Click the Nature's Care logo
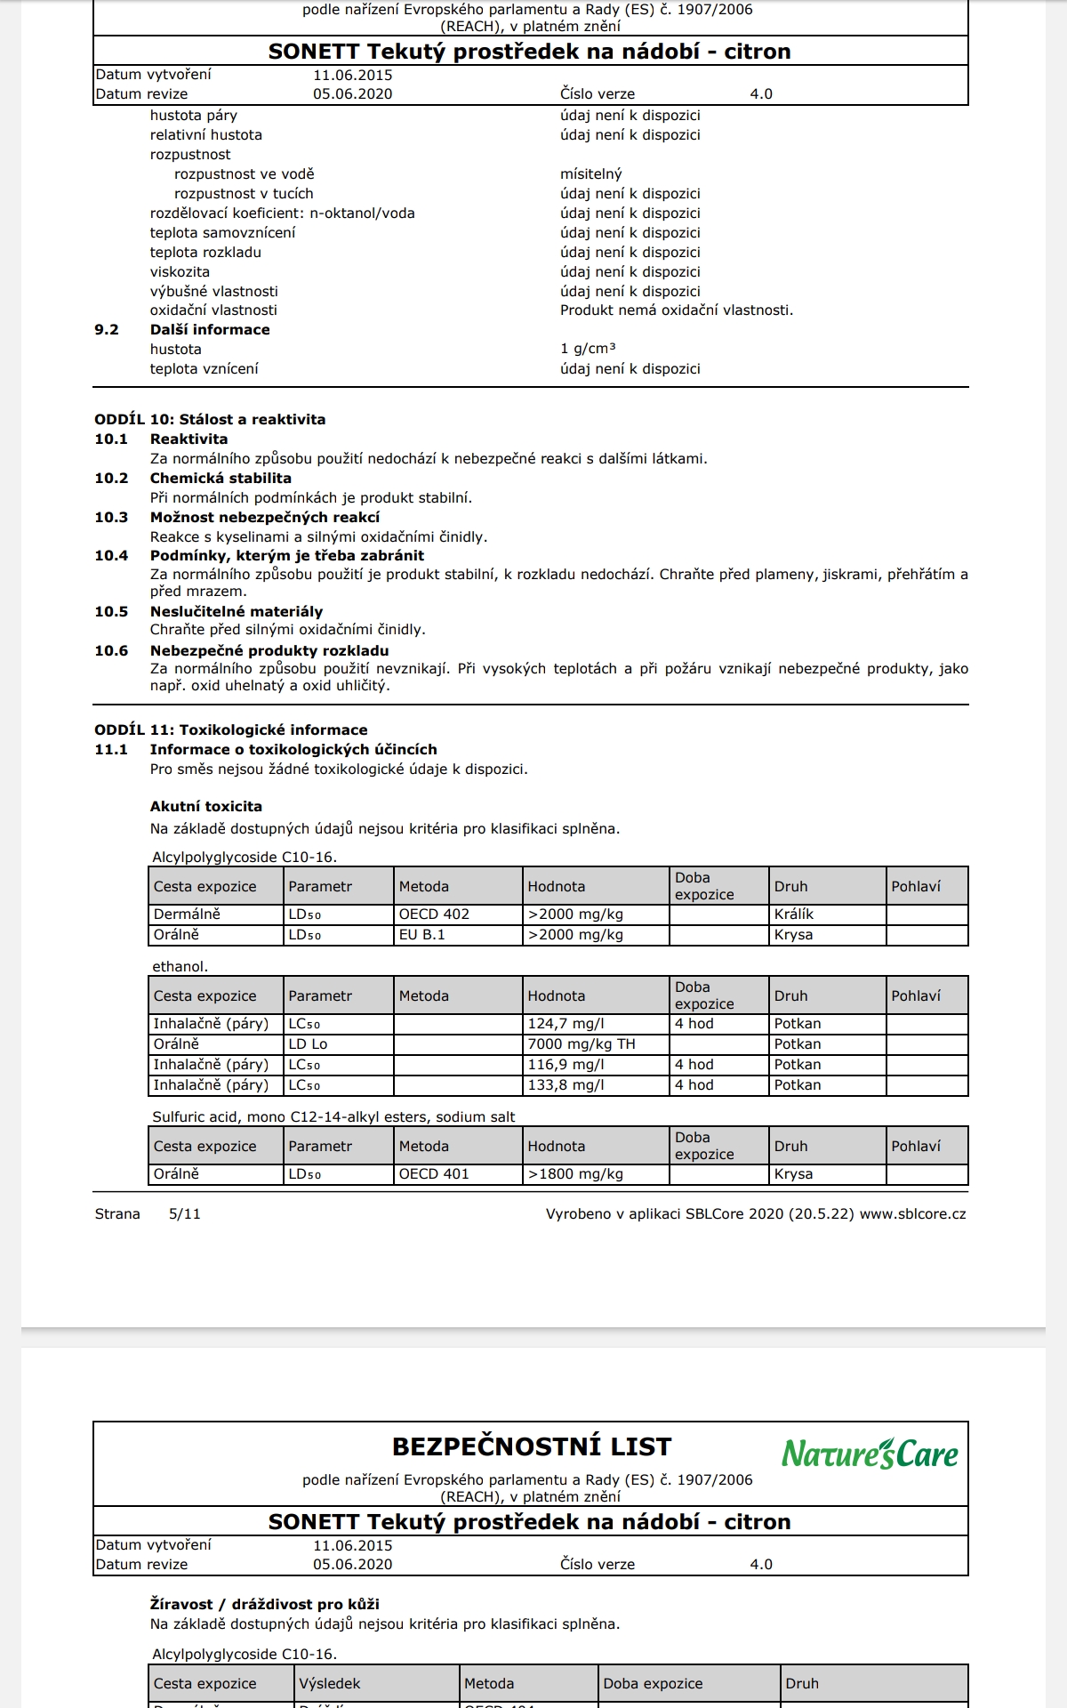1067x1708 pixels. point(870,1454)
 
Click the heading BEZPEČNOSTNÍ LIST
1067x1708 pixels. point(532,1447)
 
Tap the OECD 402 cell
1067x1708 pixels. point(434,914)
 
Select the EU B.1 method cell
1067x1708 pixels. point(422,935)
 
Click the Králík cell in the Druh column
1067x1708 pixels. point(794,914)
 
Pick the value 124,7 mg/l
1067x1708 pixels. point(566,1024)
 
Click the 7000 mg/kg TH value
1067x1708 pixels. point(582,1044)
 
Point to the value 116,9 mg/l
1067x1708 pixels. point(566,1065)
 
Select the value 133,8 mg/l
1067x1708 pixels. point(566,1085)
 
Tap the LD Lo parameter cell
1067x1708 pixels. point(308,1044)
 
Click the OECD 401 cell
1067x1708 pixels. point(434,1174)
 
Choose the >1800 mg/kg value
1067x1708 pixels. point(575,1174)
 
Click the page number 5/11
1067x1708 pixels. point(185,1214)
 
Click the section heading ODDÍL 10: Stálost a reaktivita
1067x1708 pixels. point(210,420)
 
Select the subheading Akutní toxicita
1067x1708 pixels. point(206,807)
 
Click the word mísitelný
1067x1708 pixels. point(591,174)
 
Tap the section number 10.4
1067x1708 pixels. point(111,556)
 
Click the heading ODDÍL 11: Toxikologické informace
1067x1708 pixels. point(231,730)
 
